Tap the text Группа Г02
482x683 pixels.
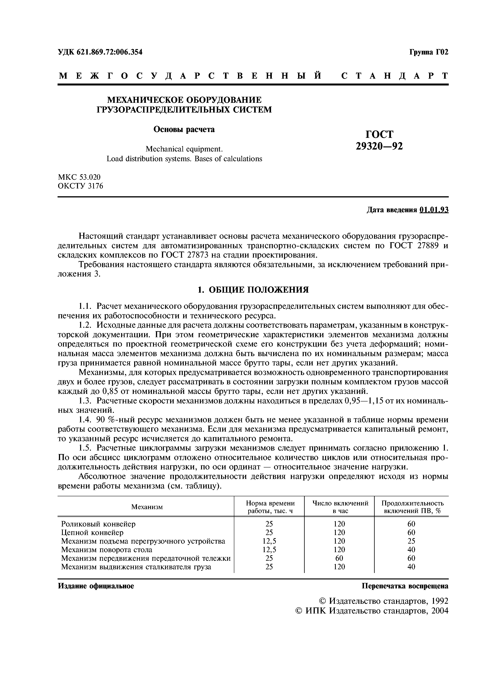pos(429,52)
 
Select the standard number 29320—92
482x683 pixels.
pos(379,146)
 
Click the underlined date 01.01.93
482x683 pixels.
pos(434,210)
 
